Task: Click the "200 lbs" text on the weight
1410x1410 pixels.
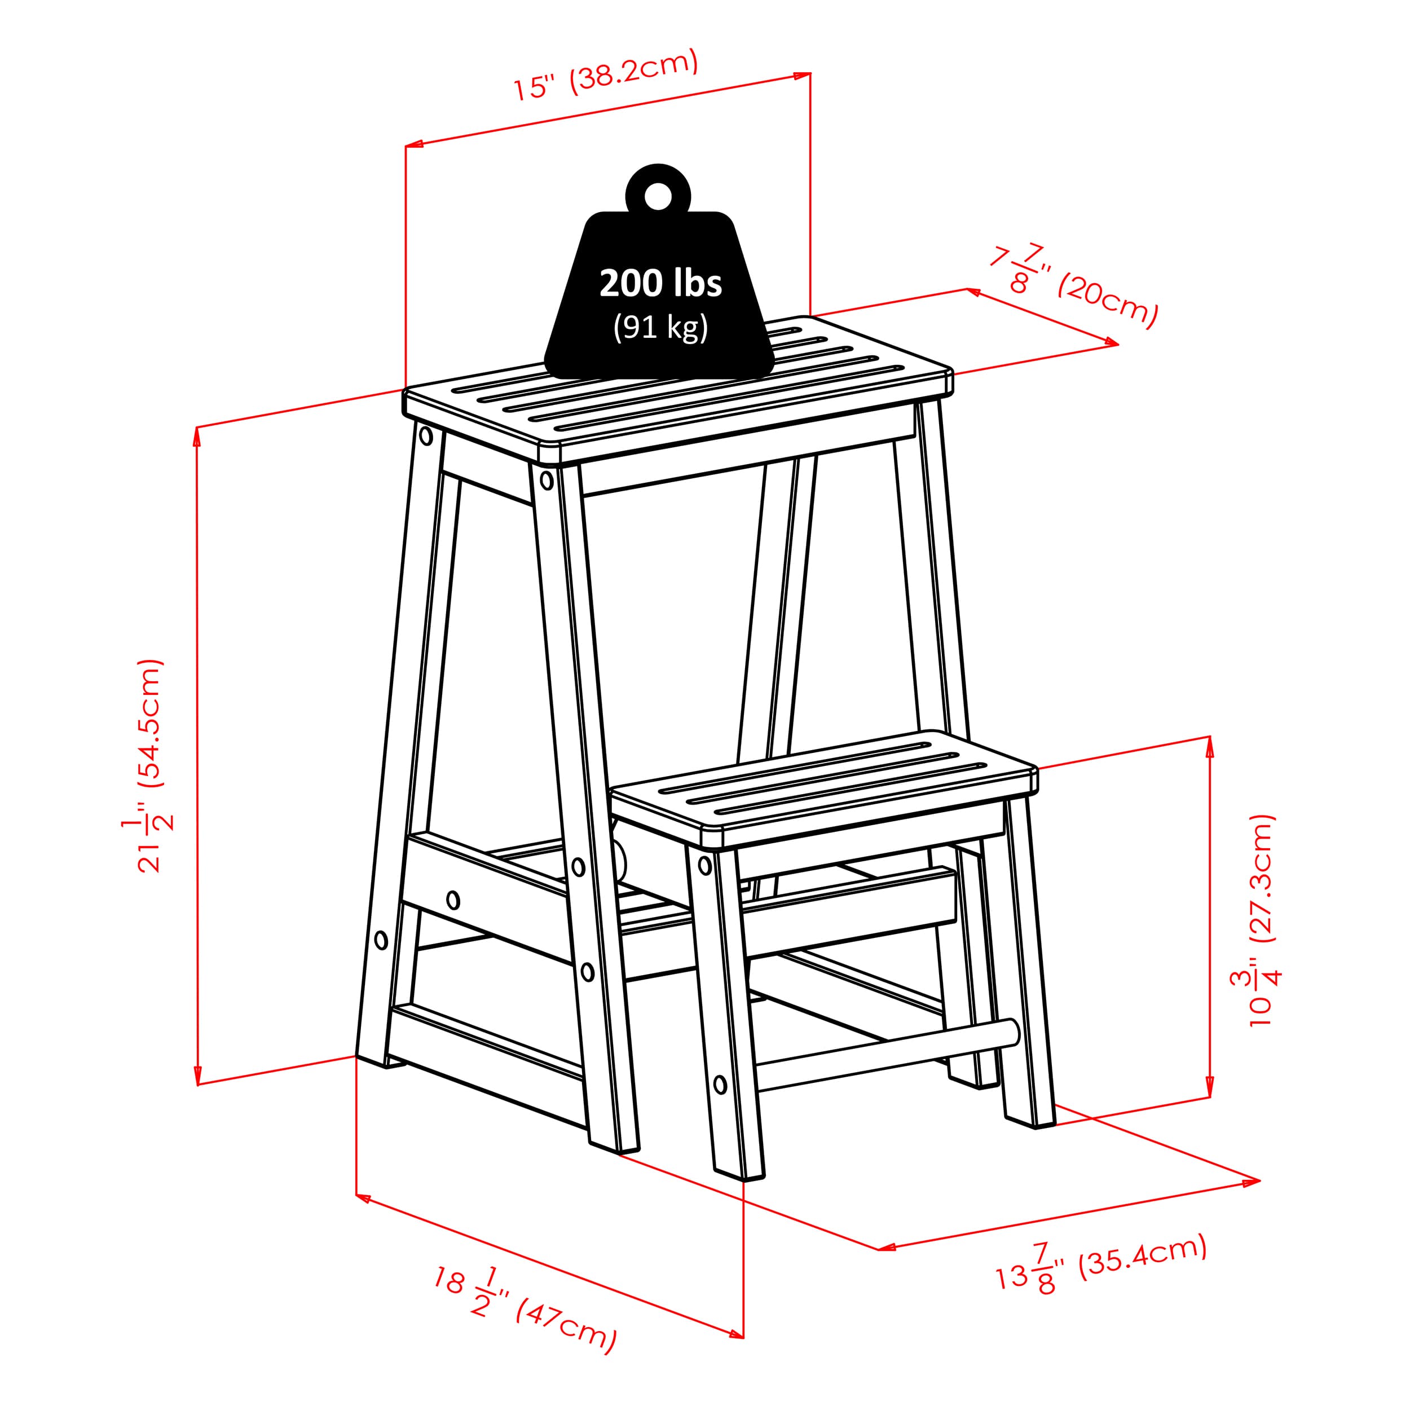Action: pos(660,283)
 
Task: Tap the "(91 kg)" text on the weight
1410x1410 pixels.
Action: pos(660,327)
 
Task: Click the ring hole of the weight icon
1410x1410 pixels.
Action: pos(658,195)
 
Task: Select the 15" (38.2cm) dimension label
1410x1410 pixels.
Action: pos(605,76)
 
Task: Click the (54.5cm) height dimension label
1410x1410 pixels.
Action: pos(151,722)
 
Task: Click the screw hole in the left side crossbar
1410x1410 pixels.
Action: pos(453,899)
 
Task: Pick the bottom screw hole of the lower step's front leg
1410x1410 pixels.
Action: pos(720,1085)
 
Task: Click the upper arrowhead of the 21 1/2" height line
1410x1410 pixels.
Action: pos(197,436)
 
